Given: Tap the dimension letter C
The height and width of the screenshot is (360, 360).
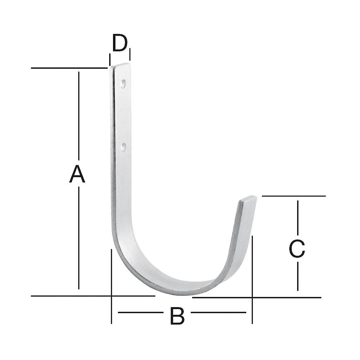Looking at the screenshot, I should click(297, 249).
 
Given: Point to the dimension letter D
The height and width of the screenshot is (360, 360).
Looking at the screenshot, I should click(120, 43).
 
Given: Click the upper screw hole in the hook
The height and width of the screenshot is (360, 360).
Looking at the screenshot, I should click(123, 84).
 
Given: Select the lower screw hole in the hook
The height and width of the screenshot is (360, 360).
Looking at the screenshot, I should click(123, 146).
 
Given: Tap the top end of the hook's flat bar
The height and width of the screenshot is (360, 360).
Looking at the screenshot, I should click(120, 66).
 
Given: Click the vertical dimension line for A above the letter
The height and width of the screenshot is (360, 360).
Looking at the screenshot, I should click(79, 116).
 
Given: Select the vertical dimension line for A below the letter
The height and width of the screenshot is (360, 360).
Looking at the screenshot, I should click(79, 236).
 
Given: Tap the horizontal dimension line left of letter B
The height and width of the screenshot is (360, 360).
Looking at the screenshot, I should click(141, 312).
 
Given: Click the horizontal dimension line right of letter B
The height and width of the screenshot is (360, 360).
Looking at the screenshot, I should click(219, 312).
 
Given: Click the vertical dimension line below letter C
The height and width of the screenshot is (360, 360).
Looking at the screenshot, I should click(298, 275).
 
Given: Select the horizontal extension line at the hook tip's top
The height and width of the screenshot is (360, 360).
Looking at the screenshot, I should click(294, 196).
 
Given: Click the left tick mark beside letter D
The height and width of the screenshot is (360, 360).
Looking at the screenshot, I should click(110, 59).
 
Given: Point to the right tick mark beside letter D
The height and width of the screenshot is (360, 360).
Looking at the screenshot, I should click(130, 54).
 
